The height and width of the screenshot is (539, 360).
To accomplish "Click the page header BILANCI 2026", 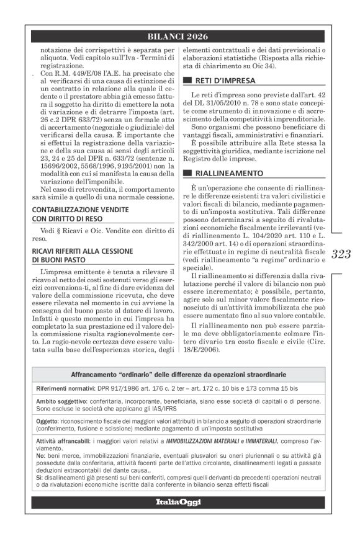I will tap(178, 37).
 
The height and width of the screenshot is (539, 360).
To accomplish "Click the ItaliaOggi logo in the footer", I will tap(178, 502).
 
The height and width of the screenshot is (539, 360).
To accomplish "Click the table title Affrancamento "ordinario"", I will tap(178, 375).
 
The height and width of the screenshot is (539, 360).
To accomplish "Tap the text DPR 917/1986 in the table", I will tap(118, 388).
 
